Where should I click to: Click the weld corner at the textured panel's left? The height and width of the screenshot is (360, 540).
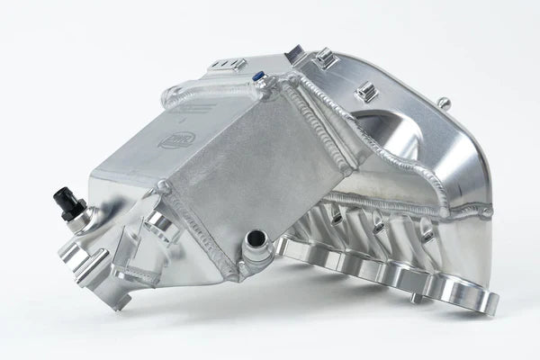(x=164, y=186)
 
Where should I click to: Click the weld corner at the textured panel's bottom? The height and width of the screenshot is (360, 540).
(x=232, y=270)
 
